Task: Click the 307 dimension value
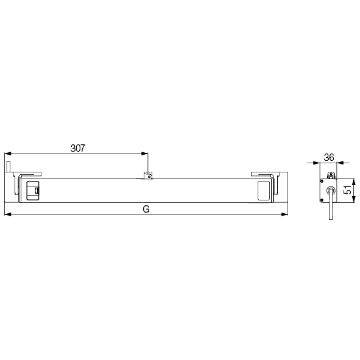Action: [77, 148]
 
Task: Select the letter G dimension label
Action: [146, 209]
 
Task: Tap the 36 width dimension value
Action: [329, 157]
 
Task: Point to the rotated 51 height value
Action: [348, 190]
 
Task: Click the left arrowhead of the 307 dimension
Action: [8, 154]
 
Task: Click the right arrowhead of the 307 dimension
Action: [144, 154]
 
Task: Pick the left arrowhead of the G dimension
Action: [8, 214]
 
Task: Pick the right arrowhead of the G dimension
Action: [284, 214]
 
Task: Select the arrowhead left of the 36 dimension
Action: [316, 163]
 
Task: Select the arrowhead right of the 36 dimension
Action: [340, 163]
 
